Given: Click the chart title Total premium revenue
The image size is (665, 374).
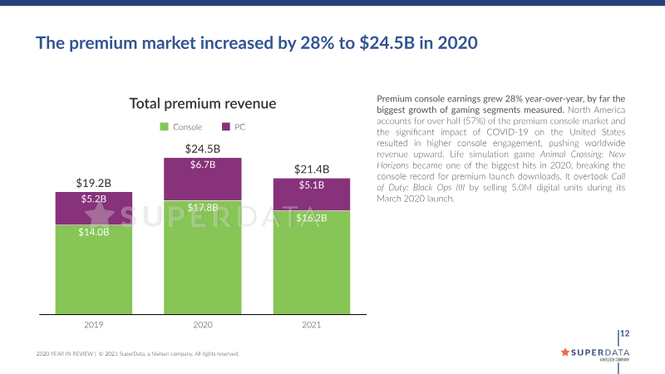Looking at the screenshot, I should pyautogui.click(x=203, y=104).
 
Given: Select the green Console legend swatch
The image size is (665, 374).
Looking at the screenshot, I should pyautogui.click(x=164, y=127).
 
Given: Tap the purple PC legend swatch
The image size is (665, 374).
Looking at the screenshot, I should pyautogui.click(x=226, y=127).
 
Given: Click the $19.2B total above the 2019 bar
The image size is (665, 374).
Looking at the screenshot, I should pyautogui.click(x=93, y=182).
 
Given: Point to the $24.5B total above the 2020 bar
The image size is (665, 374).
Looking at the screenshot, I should pyautogui.click(x=203, y=149).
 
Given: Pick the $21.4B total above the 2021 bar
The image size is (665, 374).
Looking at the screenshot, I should pyautogui.click(x=312, y=169).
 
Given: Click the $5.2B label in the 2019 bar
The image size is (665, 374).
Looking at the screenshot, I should pyautogui.click(x=93, y=199).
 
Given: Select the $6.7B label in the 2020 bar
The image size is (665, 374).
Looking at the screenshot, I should pyautogui.click(x=203, y=165).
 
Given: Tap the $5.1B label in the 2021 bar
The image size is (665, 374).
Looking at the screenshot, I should pyautogui.click(x=312, y=185).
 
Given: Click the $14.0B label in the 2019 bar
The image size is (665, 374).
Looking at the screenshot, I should pyautogui.click(x=93, y=232).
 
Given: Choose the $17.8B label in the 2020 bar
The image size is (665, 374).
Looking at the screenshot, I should pyautogui.click(x=203, y=207).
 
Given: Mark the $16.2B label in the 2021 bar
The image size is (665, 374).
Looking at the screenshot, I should pyautogui.click(x=312, y=218).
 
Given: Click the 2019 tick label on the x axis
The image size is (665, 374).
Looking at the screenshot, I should pyautogui.click(x=93, y=325).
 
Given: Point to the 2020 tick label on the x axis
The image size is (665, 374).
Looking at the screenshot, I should pyautogui.click(x=203, y=325).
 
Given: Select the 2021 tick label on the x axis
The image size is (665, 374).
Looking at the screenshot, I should pyautogui.click(x=312, y=325).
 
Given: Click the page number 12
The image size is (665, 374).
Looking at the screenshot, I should pyautogui.click(x=625, y=334).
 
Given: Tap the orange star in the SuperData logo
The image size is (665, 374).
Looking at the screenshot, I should pyautogui.click(x=566, y=352).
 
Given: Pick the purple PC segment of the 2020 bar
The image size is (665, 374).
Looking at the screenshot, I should pyautogui.click(x=203, y=180).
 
